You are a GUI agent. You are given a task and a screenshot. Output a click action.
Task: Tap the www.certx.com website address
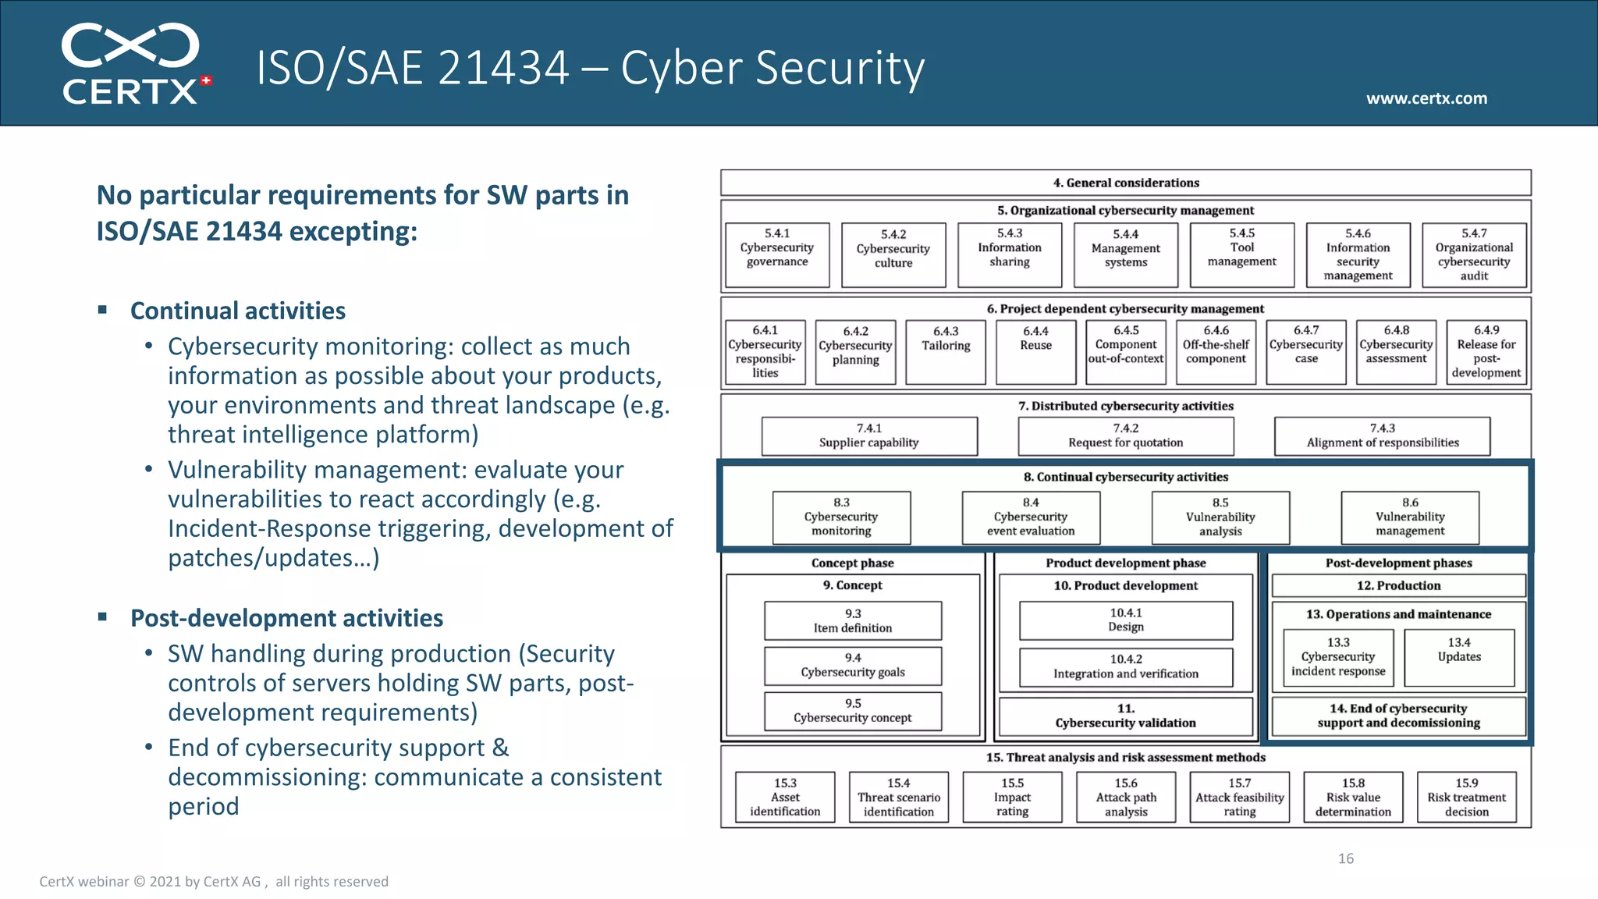(1426, 98)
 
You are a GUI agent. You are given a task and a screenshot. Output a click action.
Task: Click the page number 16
(1346, 858)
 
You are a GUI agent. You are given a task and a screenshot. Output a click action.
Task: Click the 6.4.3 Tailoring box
(946, 351)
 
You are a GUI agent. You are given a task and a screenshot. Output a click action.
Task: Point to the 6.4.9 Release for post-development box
(1486, 351)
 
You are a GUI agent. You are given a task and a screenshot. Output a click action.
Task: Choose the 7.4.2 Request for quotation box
(1125, 435)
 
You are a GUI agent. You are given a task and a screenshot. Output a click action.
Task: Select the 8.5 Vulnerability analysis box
(1220, 517)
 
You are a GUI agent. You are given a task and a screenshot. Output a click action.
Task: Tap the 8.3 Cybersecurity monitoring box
(841, 517)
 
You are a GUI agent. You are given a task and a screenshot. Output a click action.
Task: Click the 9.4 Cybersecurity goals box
(853, 665)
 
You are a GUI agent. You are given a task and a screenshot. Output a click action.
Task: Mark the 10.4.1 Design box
(1126, 620)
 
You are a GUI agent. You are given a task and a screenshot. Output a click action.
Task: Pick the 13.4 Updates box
(1459, 657)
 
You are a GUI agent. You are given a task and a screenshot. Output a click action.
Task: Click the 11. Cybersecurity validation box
(1125, 716)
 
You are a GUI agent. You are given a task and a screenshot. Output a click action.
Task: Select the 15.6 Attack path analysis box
(1126, 797)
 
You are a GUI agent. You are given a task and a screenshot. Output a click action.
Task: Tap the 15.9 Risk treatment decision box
(1466, 797)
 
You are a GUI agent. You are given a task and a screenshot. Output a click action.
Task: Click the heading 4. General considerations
(1125, 183)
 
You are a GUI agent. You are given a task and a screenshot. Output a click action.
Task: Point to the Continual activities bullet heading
(237, 311)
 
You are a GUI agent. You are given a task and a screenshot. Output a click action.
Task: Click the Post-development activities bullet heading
(286, 618)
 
